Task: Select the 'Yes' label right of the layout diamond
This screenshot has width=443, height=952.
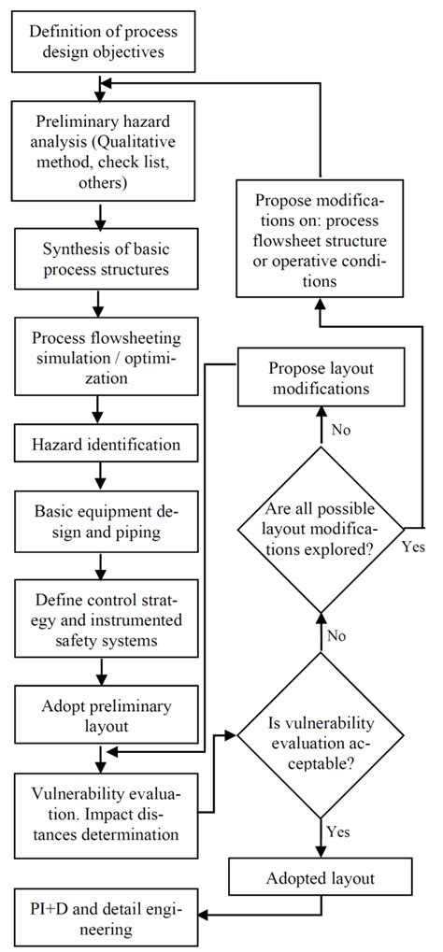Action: point(413,548)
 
